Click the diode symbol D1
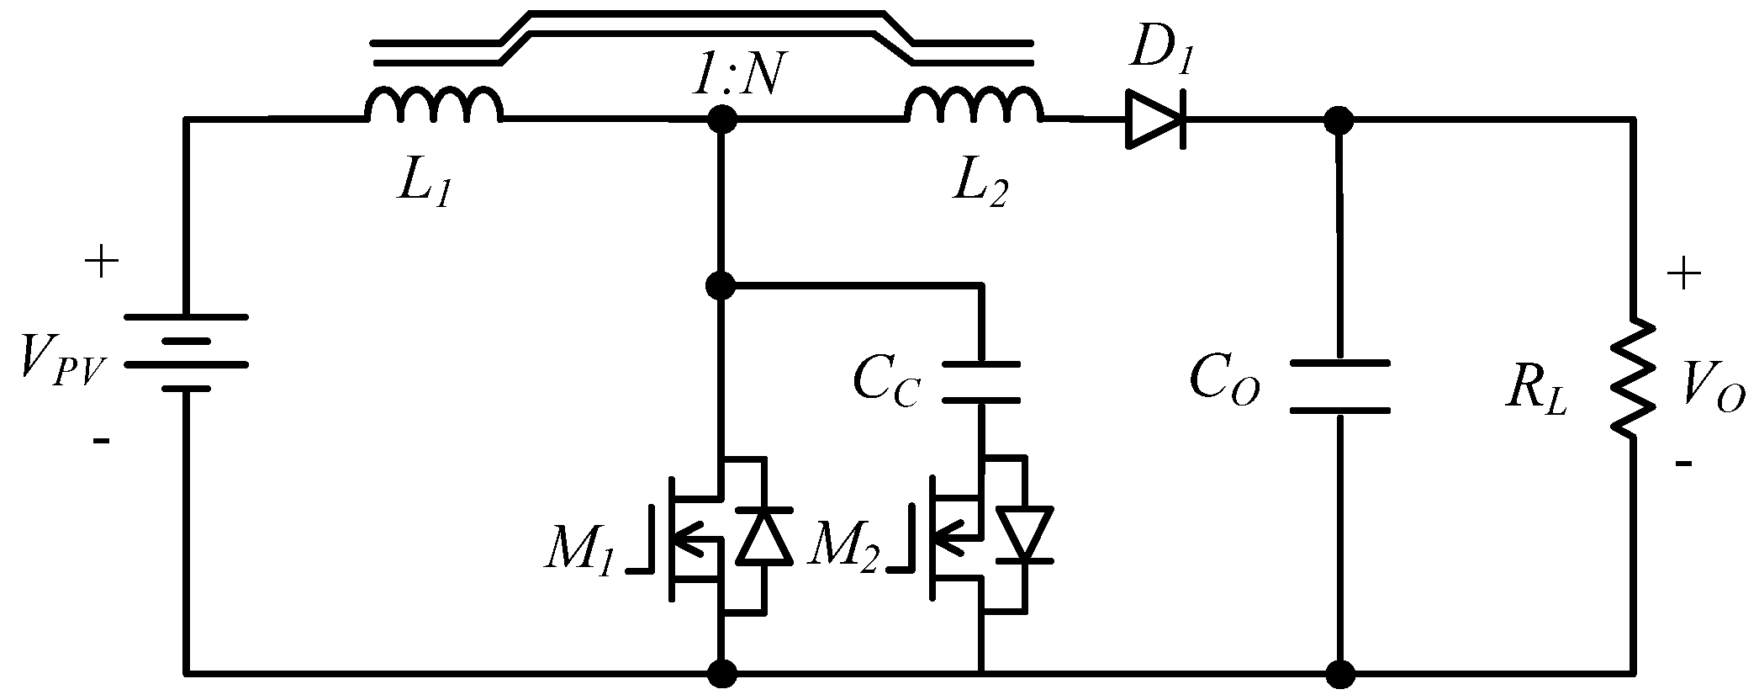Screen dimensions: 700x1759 [1156, 120]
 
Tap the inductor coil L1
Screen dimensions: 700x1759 [433, 104]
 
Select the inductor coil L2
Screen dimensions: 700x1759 [974, 104]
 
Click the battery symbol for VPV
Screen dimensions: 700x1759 [186, 353]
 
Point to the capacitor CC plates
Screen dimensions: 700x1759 [981, 383]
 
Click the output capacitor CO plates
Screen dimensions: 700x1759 [1339, 386]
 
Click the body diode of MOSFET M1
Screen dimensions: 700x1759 [763, 535]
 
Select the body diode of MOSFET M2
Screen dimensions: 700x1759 [1025, 535]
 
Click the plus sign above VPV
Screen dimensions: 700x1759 [102, 263]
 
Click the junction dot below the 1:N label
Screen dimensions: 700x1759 [721, 120]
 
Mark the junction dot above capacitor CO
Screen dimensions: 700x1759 [1339, 120]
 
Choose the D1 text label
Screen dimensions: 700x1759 [1161, 56]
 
